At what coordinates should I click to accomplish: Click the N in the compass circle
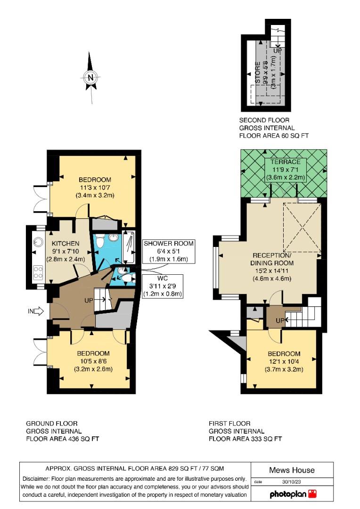pyautogui.click(x=90, y=78)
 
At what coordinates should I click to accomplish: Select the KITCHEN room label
pyautogui.click(x=65, y=244)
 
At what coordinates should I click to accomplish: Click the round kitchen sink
pyautogui.click(x=38, y=242)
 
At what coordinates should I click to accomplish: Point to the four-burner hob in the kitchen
pyautogui.click(x=38, y=272)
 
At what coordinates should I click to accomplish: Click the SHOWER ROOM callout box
pyautogui.click(x=169, y=251)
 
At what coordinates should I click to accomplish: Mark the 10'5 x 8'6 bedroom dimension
pyautogui.click(x=93, y=361)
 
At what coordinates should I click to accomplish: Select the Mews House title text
pyautogui.click(x=292, y=470)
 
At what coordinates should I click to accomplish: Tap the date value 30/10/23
pyautogui.click(x=292, y=482)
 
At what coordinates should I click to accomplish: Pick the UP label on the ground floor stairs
pyautogui.click(x=89, y=301)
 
